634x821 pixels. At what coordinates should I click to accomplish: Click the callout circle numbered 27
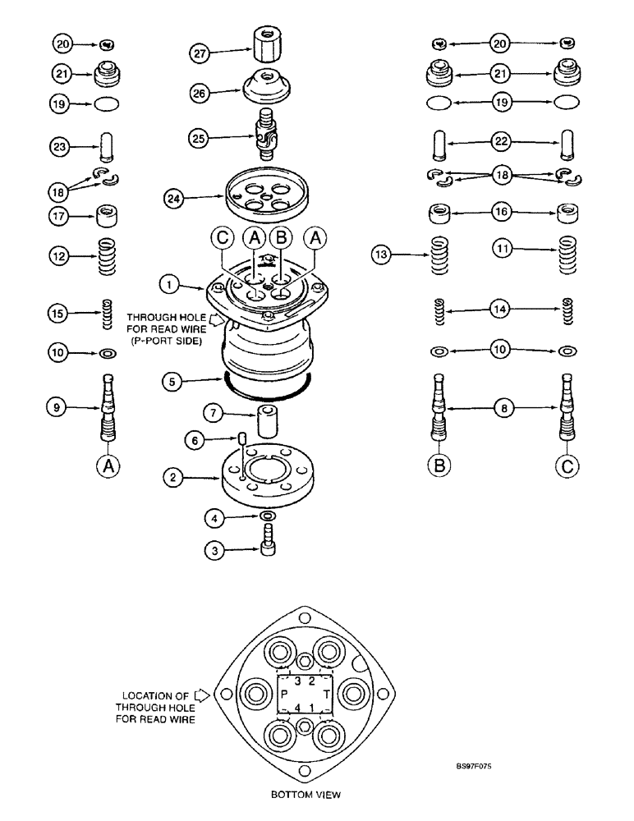(200, 53)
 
